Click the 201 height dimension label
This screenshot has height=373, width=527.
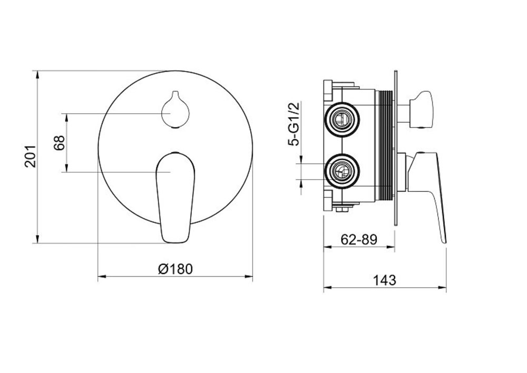tap(30, 156)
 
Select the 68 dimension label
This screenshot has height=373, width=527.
tap(59, 143)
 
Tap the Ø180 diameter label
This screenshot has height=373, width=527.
tap(175, 269)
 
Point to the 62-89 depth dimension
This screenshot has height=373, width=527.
tap(359, 240)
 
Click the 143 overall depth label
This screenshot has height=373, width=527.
tap(385, 280)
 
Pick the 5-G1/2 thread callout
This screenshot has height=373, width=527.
tap(294, 124)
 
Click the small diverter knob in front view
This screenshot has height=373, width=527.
tap(175, 110)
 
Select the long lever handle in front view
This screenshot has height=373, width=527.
tap(175, 198)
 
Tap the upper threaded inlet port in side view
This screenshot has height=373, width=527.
tap(342, 119)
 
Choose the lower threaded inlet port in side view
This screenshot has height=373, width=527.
tap(342, 171)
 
